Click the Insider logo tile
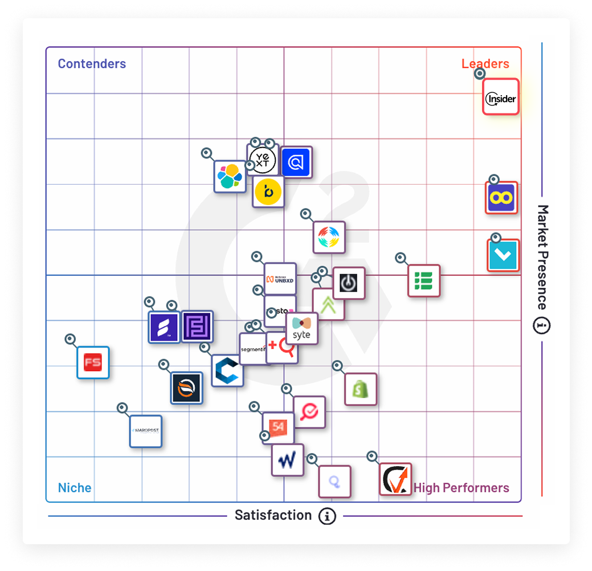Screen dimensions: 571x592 point(501,97)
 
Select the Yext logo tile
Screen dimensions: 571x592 point(262,159)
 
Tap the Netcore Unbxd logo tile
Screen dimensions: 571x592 point(280,279)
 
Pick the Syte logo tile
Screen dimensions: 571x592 point(301,329)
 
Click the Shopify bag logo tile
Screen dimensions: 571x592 point(361,389)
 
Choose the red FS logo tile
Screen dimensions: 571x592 point(93,362)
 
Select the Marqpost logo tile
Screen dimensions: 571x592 point(146,431)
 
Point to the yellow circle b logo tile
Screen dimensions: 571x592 point(268,192)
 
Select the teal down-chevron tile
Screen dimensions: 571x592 point(504,255)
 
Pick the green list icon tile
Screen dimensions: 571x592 point(424,281)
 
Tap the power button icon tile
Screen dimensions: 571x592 point(348,283)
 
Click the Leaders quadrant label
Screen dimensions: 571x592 point(485,64)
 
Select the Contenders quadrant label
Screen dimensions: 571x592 point(92,64)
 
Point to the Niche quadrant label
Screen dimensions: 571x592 point(75,488)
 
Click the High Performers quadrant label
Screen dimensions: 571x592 point(461,488)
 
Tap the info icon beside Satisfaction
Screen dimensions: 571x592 point(327,516)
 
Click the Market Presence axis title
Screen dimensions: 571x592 point(542,256)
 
